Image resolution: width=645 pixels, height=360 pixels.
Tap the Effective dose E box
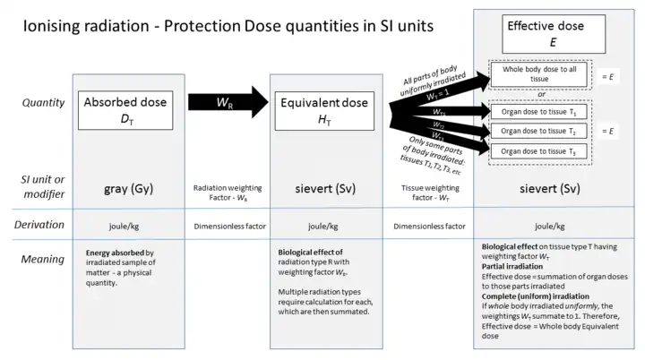(x=546, y=33)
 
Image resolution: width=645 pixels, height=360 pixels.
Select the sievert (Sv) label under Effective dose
(x=546, y=189)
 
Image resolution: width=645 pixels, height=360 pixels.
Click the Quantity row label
(x=43, y=102)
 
